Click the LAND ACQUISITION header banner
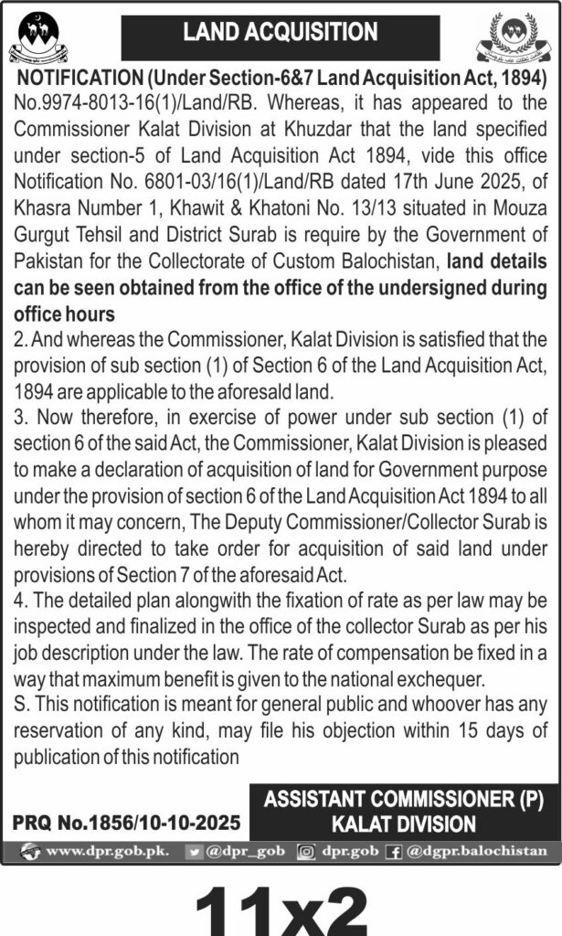(281, 34)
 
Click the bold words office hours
(64, 312)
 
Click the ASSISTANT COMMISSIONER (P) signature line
(403, 799)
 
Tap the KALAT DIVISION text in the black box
(403, 824)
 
